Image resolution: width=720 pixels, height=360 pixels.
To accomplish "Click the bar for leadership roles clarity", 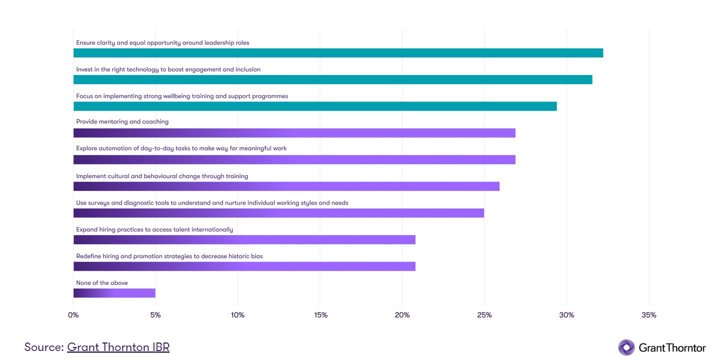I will pyautogui.click(x=338, y=53).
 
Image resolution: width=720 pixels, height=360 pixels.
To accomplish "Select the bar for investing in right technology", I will pyautogui.click(x=332, y=79).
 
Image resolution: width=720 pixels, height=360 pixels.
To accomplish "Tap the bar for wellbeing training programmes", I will pyautogui.click(x=315, y=106).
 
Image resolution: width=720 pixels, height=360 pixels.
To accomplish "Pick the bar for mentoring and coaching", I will pyautogui.click(x=294, y=133).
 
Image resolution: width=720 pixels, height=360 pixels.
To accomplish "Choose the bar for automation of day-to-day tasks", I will pyautogui.click(x=294, y=159).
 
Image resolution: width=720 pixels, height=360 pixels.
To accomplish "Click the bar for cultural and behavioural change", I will pyautogui.click(x=286, y=186).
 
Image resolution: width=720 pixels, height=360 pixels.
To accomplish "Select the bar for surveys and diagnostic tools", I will pyautogui.click(x=278, y=213).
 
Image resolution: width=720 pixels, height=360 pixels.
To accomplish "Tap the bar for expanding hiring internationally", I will pyautogui.click(x=244, y=239).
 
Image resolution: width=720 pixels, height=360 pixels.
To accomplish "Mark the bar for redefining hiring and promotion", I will pyautogui.click(x=244, y=266).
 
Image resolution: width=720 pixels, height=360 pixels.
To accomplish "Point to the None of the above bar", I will pyautogui.click(x=114, y=293).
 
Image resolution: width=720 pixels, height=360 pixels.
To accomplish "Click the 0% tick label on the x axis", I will pyautogui.click(x=73, y=315).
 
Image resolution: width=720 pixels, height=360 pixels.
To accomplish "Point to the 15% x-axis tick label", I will pyautogui.click(x=320, y=315).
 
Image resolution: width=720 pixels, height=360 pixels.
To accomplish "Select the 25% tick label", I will pyautogui.click(x=484, y=315).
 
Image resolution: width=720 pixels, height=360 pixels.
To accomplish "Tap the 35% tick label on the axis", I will pyautogui.click(x=648, y=315).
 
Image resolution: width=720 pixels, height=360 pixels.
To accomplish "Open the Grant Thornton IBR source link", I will pyautogui.click(x=118, y=347).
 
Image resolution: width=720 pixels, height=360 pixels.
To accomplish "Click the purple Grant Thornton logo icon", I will pyautogui.click(x=626, y=347).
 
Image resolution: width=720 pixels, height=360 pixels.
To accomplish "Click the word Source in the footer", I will pyautogui.click(x=43, y=347).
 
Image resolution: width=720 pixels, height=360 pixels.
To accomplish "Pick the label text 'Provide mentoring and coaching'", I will pyautogui.click(x=122, y=121).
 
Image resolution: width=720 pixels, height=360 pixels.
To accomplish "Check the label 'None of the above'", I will pyautogui.click(x=102, y=283).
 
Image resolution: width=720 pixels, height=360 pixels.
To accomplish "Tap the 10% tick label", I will pyautogui.click(x=237, y=315).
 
